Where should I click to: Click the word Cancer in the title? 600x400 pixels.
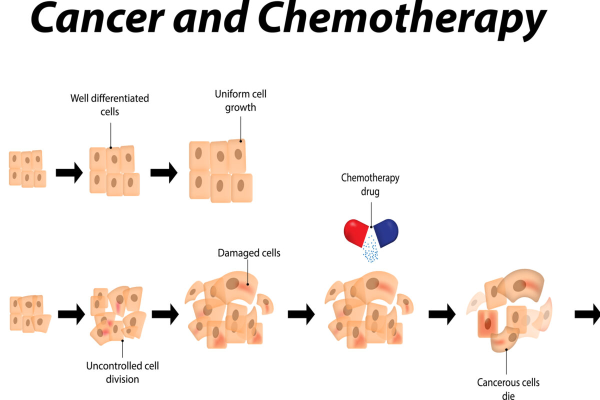pyautogui.click(x=95, y=19)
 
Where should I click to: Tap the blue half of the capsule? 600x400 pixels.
pyautogui.click(x=386, y=232)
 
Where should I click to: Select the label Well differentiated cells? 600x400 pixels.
pyautogui.click(x=109, y=104)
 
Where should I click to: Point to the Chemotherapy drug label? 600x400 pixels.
pyautogui.click(x=370, y=184)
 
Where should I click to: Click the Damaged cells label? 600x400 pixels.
pyautogui.click(x=249, y=253)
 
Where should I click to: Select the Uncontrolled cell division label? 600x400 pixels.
pyautogui.click(x=122, y=372)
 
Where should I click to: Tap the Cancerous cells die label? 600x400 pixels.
pyautogui.click(x=508, y=388)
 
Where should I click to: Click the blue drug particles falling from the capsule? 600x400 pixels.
pyautogui.click(x=370, y=250)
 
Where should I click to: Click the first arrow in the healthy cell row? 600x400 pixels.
pyautogui.click(x=69, y=172)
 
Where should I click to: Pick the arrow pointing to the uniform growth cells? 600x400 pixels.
pyautogui.click(x=164, y=172)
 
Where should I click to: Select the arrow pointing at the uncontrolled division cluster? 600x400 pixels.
pyautogui.click(x=71, y=314)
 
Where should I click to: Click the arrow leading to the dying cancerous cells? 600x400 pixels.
pyautogui.click(x=442, y=314)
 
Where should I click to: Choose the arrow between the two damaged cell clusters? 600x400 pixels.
pyautogui.click(x=301, y=314)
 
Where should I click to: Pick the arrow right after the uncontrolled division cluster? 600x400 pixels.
pyautogui.click(x=165, y=314)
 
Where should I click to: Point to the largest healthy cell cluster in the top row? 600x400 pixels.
pyautogui.click(x=220, y=171)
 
